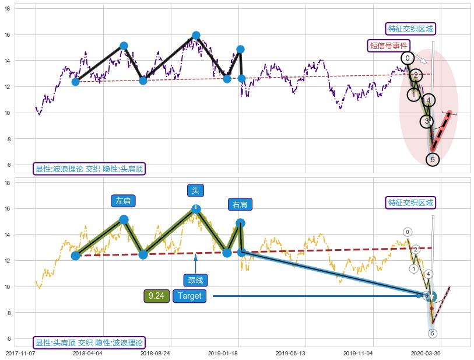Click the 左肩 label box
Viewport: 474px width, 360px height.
[x=123, y=201]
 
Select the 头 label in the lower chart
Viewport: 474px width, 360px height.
[x=195, y=190]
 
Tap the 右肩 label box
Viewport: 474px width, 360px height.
[x=240, y=204]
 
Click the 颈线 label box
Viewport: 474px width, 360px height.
[x=195, y=281]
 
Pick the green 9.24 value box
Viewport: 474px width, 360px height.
[x=156, y=296]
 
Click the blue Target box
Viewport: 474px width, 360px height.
[x=189, y=296]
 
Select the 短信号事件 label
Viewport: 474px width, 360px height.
[x=389, y=46]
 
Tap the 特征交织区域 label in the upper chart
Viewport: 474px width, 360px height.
[x=411, y=29]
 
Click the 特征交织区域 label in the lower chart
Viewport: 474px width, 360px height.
[x=411, y=202]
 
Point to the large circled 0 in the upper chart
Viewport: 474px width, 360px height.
[x=408, y=58]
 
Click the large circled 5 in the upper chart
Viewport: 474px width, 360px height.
[x=432, y=159]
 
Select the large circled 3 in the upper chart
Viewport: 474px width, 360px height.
[x=427, y=121]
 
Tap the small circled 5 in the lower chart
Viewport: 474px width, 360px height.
[x=432, y=333]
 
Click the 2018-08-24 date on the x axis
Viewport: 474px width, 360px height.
[x=155, y=353]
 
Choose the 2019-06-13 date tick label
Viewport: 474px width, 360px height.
[x=290, y=353]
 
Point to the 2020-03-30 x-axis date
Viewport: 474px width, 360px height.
[x=426, y=353]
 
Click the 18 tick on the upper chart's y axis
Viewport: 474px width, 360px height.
[x=8, y=9]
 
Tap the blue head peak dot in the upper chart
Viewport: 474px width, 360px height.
[x=196, y=35]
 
